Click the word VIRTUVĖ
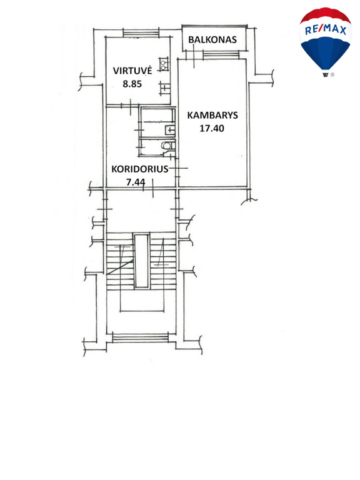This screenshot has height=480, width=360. [x=132, y=70]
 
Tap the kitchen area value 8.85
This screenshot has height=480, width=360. [x=132, y=84]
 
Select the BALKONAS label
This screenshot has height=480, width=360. [x=212, y=40]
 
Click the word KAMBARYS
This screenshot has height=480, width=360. [x=212, y=115]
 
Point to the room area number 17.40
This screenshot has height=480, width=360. [x=212, y=128]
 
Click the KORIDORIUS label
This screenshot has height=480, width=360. [x=140, y=169]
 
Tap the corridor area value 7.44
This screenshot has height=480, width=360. [x=136, y=182]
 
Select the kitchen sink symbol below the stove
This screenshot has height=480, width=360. [x=165, y=88]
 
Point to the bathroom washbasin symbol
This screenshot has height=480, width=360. [x=169, y=130]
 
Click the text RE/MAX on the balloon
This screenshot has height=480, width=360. [x=326, y=30]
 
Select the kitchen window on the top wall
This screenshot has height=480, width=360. [x=141, y=32]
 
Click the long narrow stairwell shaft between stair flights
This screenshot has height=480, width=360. [x=142, y=261]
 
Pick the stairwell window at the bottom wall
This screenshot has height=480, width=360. [x=141, y=338]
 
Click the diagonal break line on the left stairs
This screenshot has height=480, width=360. [x=121, y=267]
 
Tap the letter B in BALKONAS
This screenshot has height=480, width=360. [x=191, y=40]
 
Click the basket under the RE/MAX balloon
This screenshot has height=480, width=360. [x=326, y=74]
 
